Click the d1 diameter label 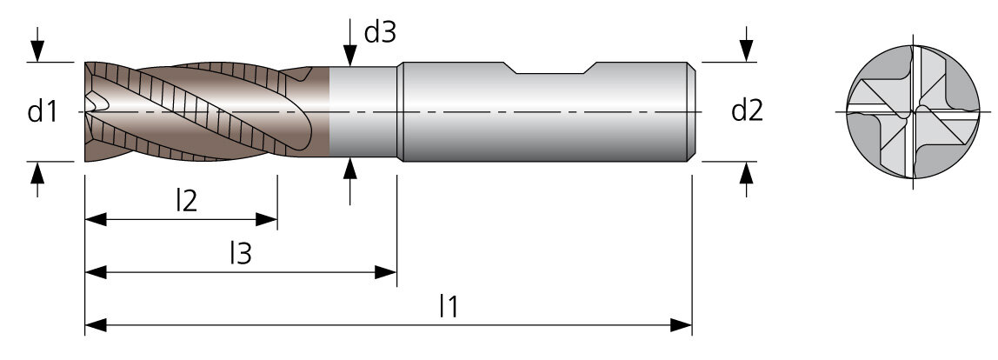tap(43, 112)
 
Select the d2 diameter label tap(748, 110)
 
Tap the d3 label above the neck tap(380, 32)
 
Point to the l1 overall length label tap(449, 306)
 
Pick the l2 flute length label tap(187, 202)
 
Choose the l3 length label tap(241, 254)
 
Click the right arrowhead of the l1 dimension tap(681, 325)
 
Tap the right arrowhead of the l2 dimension tap(266, 220)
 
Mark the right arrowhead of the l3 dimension tap(386, 273)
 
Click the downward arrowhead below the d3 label tap(349, 55)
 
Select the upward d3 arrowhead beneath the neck tap(349, 168)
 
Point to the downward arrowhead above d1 tap(37, 51)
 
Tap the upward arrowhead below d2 tap(746, 173)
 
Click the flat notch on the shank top tap(550, 73)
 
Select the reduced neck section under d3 tap(363, 112)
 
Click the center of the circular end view tap(913, 112)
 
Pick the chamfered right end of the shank tap(690, 111)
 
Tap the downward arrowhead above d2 tap(746, 51)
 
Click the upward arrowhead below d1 tap(37, 173)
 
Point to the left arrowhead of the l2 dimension tap(96, 220)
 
